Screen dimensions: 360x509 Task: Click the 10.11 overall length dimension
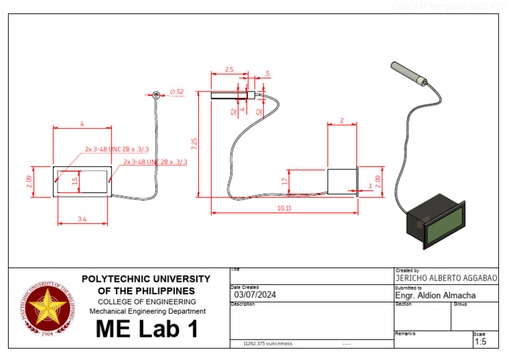pos(284,208)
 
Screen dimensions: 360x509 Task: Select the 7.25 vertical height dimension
pos(194,143)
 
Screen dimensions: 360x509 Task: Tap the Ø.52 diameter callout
pos(177,91)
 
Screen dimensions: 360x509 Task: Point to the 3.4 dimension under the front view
pos(83,217)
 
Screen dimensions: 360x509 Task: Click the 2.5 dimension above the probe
pos(229,70)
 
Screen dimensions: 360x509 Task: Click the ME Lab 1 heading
pos(146,329)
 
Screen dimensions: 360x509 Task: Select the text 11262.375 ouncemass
pos(268,344)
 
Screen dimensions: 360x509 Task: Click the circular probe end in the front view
pos(157,94)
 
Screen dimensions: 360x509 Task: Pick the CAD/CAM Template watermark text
pos(448,6)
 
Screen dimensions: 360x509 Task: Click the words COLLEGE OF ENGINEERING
pos(146,302)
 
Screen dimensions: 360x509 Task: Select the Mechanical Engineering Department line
pos(146,311)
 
